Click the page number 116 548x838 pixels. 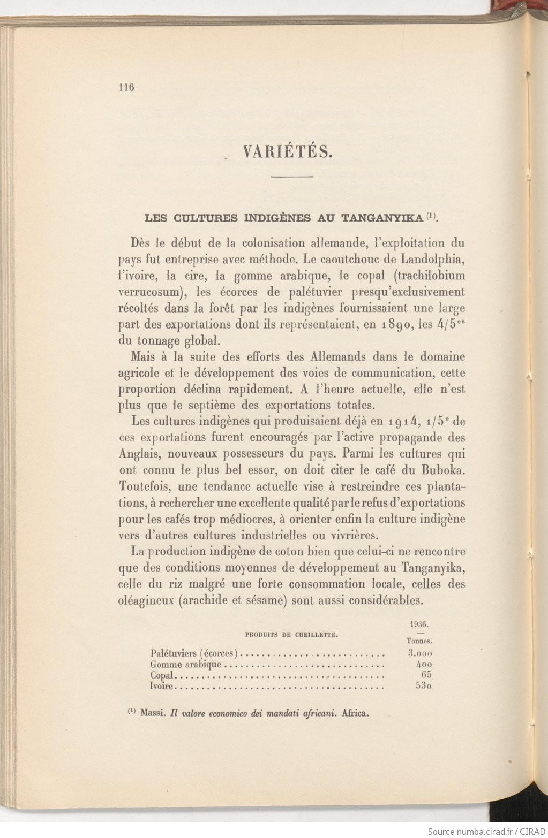pos(126,87)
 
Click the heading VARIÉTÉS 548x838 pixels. pos(288,152)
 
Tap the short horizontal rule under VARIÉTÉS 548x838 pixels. pos(291,177)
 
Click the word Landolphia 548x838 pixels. pos(432,260)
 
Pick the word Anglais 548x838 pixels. pos(139,454)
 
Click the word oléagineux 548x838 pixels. pos(146,600)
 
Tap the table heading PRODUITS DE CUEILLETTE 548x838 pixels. pos(291,635)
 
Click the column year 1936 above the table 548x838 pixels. pos(420,624)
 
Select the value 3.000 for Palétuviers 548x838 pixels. pos(419,653)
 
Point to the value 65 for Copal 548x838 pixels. pos(426,675)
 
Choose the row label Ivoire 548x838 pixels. pos(161,687)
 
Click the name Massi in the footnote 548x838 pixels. pos(152,713)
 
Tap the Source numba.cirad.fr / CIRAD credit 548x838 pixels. pos(484,831)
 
